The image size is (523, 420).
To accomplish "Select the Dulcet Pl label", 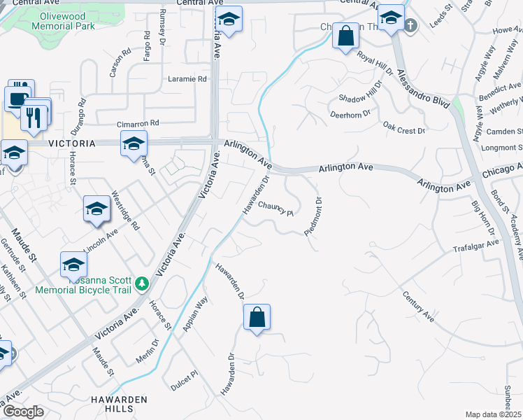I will click(185, 381).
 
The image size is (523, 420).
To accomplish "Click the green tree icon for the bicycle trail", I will click(142, 283).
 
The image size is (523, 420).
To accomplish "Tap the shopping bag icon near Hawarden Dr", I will click(257, 317).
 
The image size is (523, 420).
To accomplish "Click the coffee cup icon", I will click(17, 99).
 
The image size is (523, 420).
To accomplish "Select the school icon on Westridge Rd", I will click(97, 209).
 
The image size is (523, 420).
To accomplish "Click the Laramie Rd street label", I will click(187, 78).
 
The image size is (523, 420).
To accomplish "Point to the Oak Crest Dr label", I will click(404, 127).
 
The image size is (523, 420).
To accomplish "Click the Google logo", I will click(23, 412).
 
